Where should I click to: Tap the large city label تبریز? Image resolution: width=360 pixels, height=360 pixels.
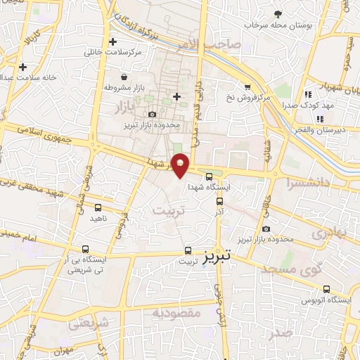click(x=217, y=257)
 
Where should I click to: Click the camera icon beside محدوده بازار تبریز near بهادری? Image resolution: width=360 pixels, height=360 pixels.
click(x=265, y=229)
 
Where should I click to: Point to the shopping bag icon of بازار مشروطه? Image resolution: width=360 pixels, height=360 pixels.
click(x=124, y=77)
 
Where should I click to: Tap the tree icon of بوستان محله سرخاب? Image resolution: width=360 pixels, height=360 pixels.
click(x=278, y=14)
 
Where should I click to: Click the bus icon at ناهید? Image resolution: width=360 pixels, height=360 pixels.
click(x=98, y=207)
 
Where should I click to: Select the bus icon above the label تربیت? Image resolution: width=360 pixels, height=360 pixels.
click(x=188, y=250)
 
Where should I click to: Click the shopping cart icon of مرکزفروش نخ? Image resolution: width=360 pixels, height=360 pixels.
click(x=247, y=87)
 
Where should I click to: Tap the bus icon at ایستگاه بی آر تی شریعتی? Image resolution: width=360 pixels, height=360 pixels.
click(x=86, y=249)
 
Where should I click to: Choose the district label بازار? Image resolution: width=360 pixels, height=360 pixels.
click(x=122, y=105)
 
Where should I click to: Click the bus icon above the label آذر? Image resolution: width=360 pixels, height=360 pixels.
click(x=219, y=200)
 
